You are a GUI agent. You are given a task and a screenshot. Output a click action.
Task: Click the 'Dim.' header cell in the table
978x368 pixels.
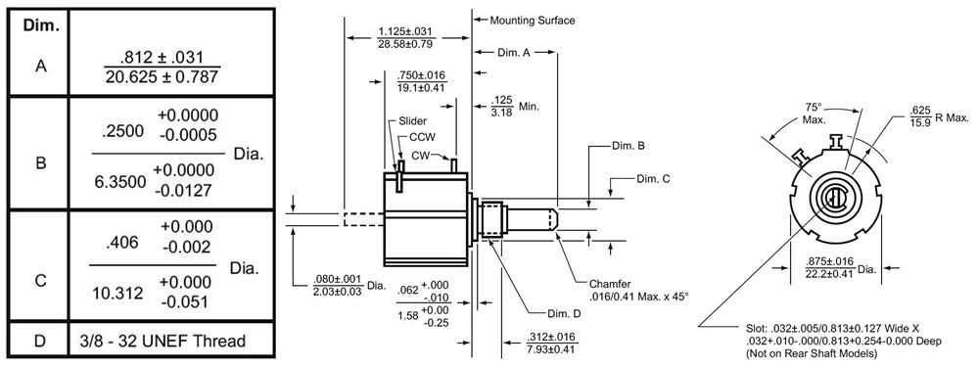point(40,24)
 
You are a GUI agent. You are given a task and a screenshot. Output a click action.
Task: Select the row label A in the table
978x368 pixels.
point(40,67)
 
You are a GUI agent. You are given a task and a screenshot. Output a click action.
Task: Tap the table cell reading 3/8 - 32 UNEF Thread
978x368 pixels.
point(170,342)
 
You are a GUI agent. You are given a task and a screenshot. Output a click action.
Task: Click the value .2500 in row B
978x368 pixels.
point(122,130)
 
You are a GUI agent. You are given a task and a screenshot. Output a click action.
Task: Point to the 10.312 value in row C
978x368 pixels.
point(118,292)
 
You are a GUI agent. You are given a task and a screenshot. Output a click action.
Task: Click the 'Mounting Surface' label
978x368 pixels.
point(532,20)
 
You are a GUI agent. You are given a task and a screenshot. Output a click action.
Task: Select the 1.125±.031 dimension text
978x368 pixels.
point(406,32)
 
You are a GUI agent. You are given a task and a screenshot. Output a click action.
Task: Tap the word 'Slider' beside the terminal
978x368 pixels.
point(411,121)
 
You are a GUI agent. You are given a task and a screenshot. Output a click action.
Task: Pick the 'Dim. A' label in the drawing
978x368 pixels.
point(514,53)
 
